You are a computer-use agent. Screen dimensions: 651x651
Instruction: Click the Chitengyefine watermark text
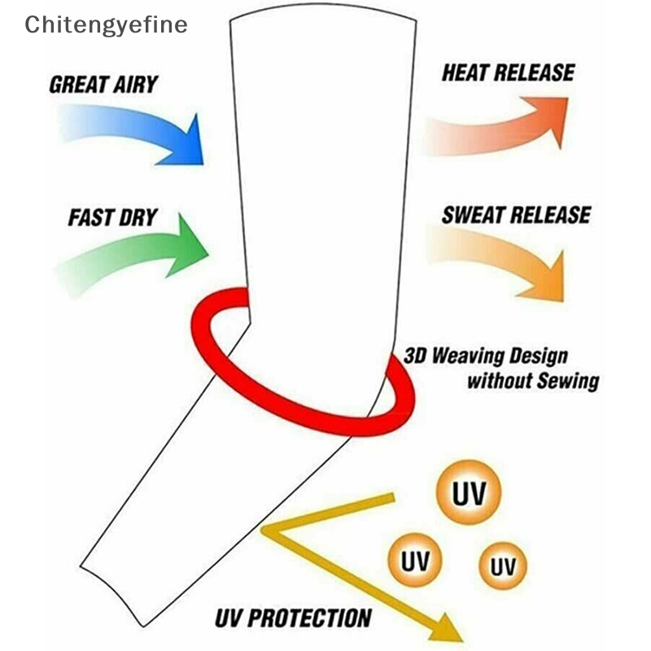(106, 24)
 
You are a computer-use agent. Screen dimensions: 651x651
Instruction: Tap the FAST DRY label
(112, 218)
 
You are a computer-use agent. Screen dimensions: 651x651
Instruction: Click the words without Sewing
(533, 380)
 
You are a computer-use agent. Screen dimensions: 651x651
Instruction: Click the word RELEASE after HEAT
(535, 72)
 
